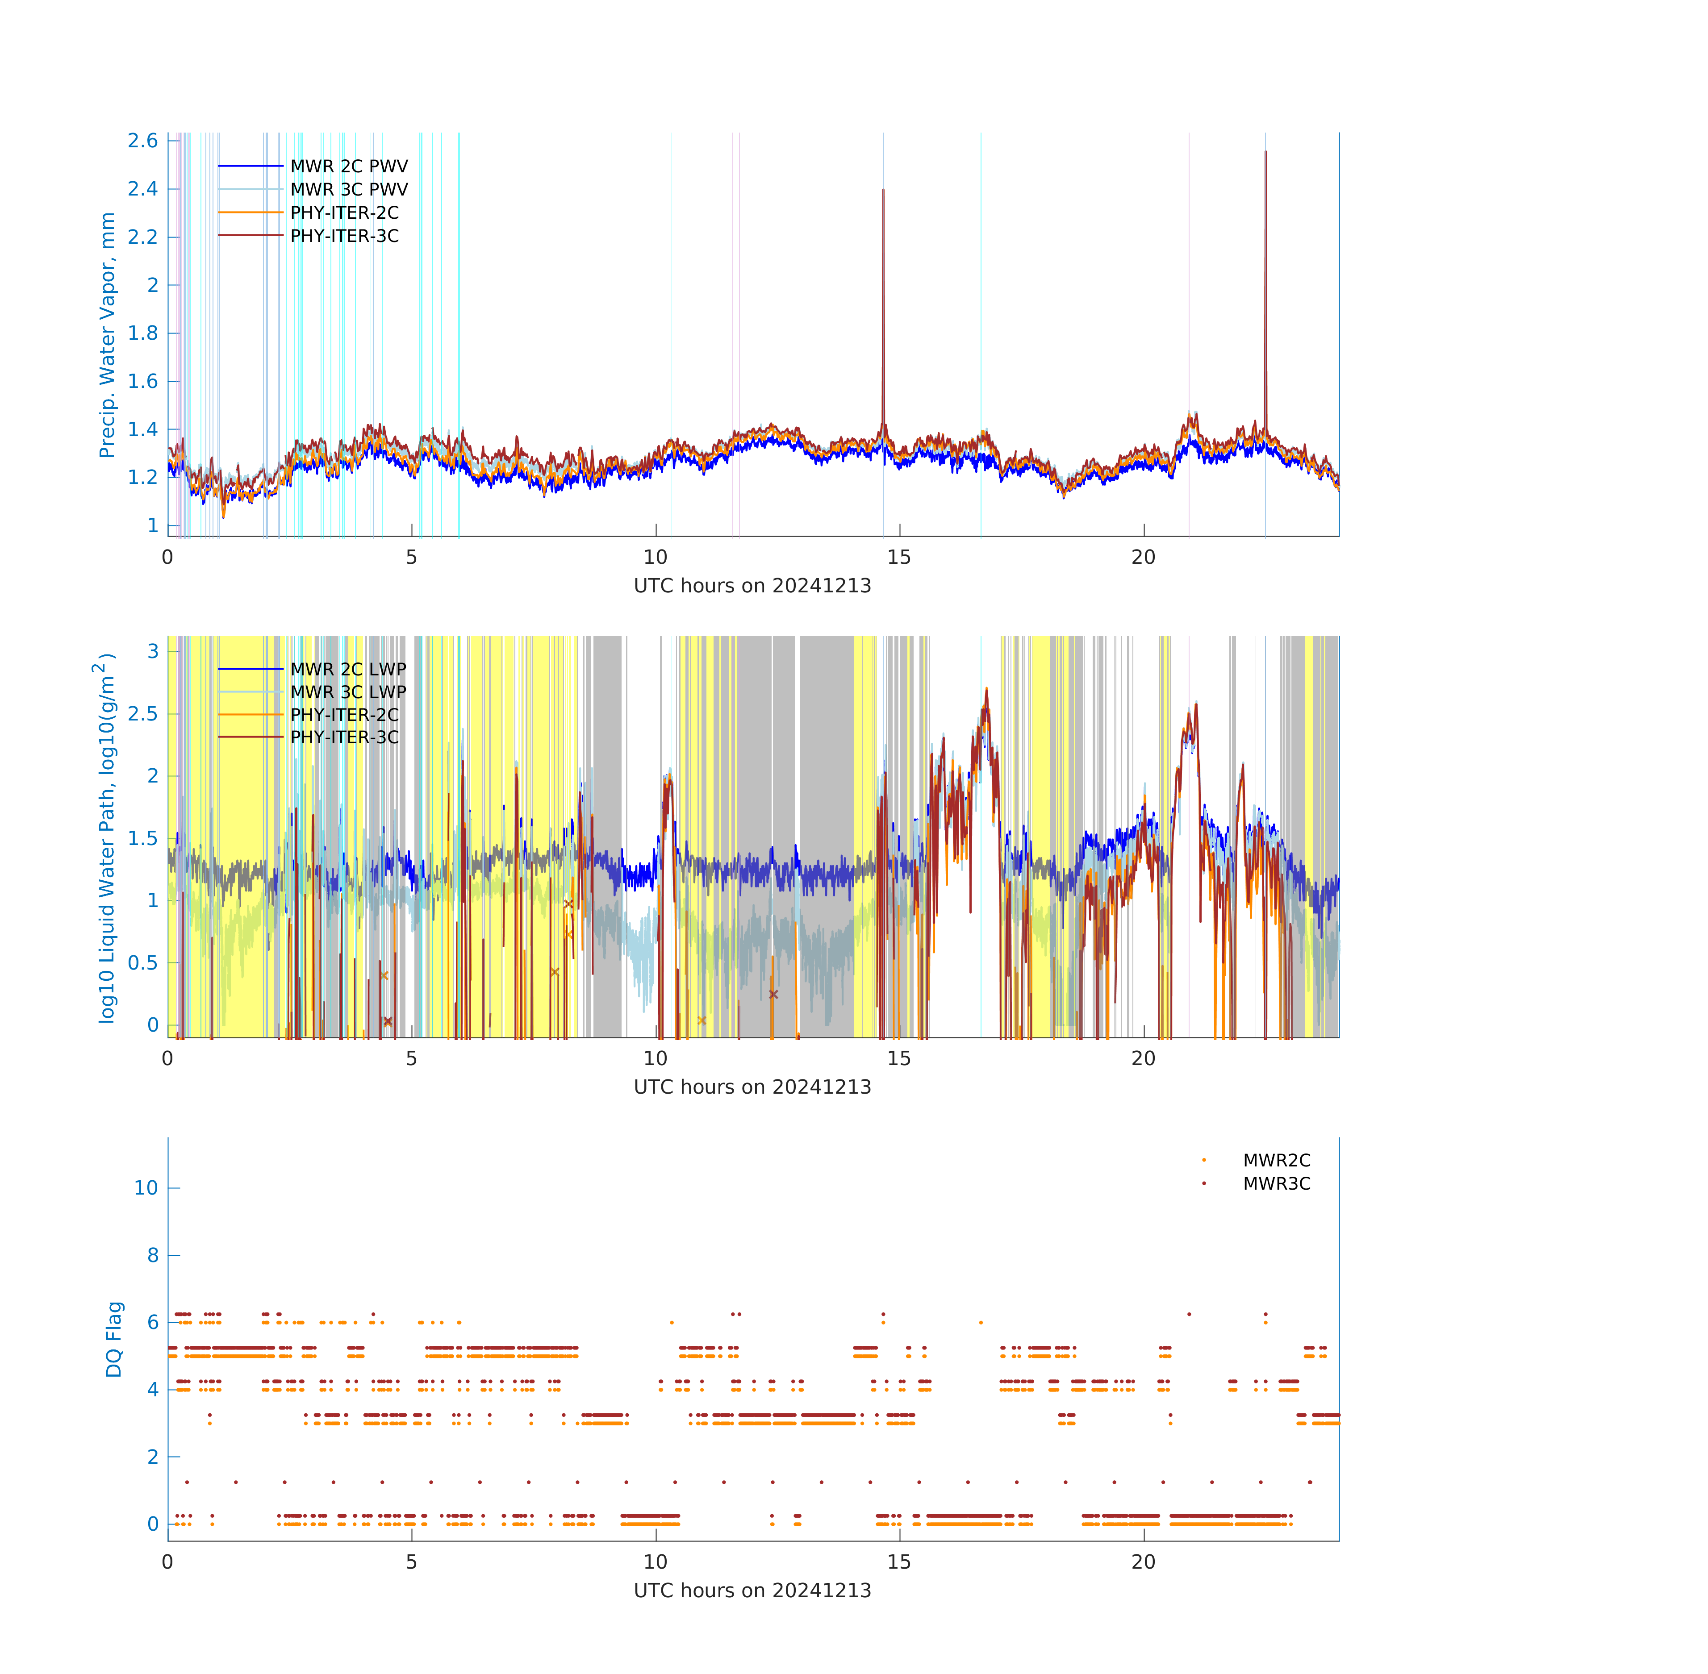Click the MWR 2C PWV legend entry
click(313, 166)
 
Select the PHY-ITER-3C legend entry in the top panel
click(309, 236)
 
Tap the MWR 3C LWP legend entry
click(312, 692)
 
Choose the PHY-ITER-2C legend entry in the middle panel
click(309, 715)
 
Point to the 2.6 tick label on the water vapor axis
click(142, 141)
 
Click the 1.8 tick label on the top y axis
click(142, 333)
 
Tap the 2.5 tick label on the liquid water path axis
click(142, 714)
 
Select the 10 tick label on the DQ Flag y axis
click(146, 1188)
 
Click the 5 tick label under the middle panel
click(412, 1058)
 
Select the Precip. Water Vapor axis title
click(107, 335)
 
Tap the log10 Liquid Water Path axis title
click(104, 838)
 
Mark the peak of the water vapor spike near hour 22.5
click(1265, 151)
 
